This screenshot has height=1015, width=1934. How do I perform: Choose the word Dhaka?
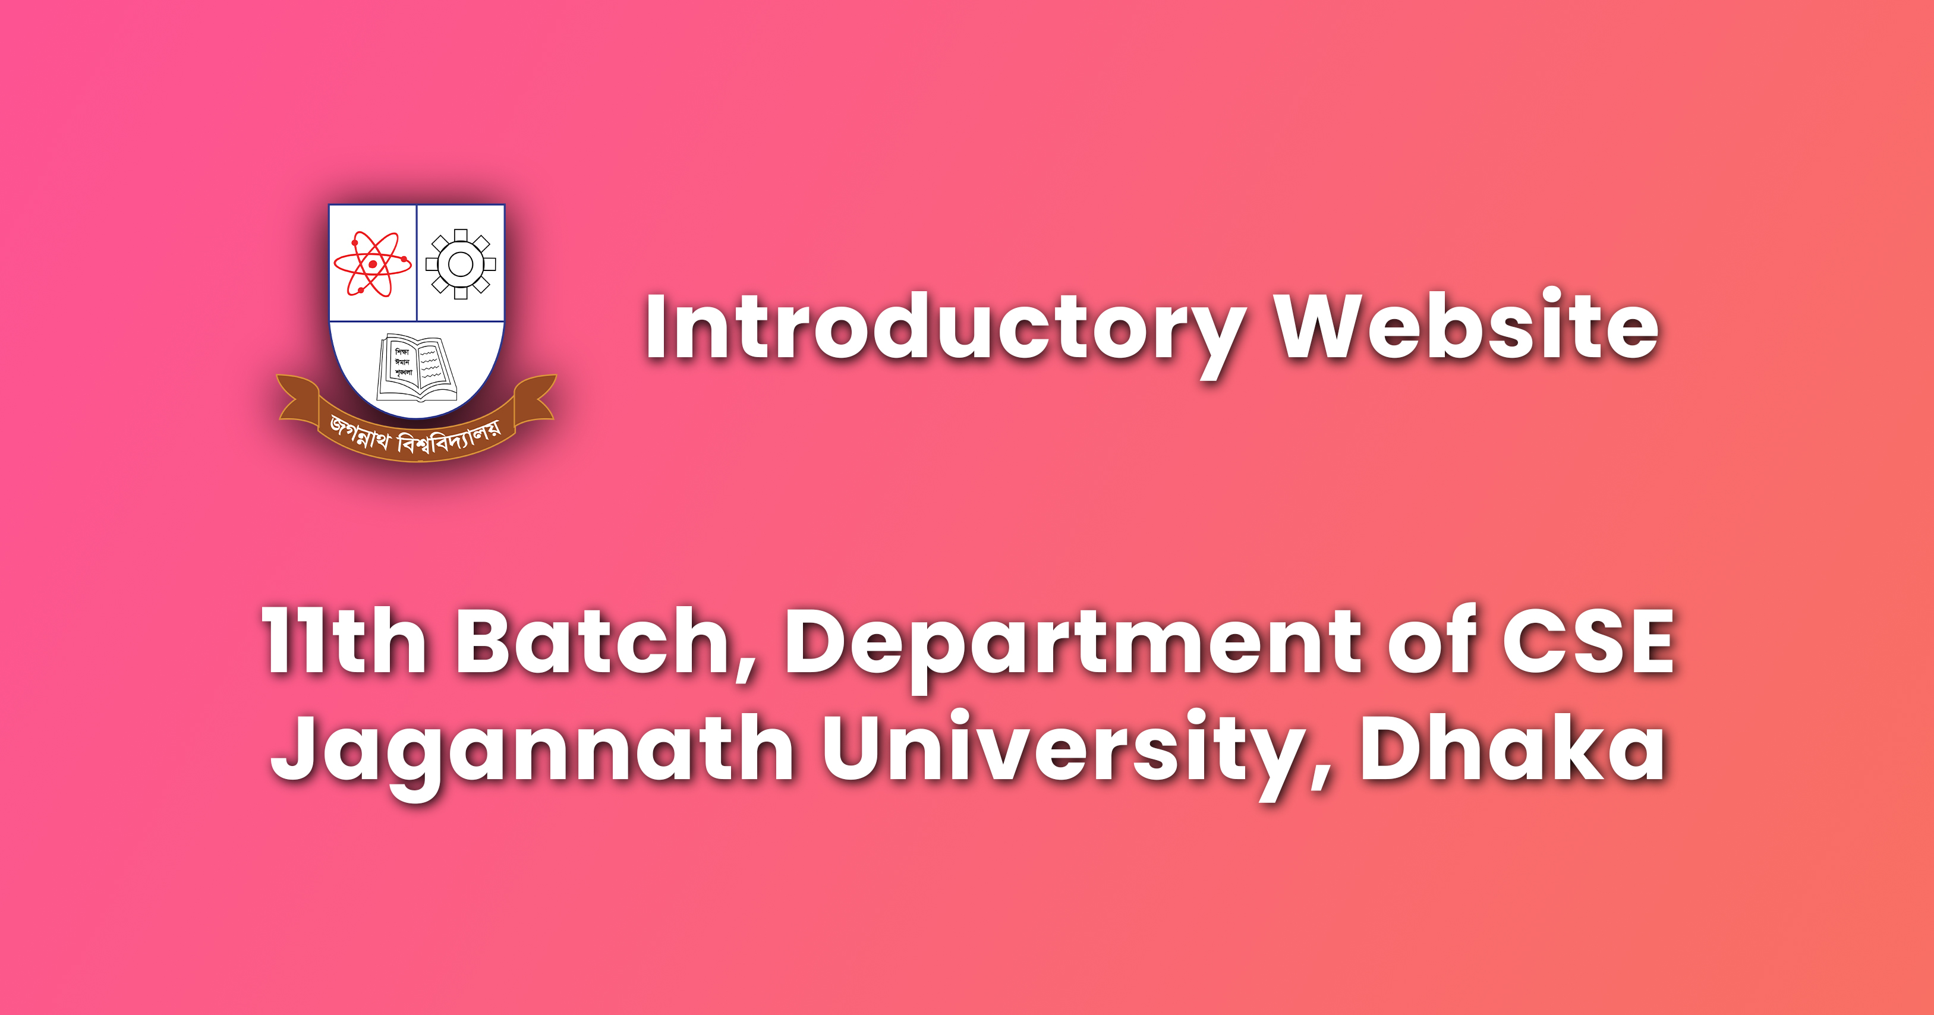click(1512, 749)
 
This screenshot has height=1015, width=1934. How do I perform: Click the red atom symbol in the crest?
click(373, 263)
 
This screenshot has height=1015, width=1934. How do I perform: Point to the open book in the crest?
click(416, 368)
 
